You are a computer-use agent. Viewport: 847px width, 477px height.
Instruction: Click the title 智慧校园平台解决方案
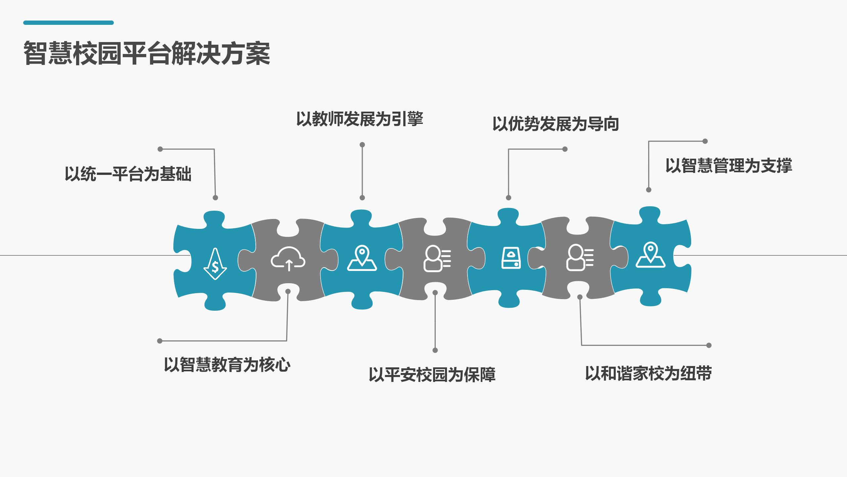tap(147, 53)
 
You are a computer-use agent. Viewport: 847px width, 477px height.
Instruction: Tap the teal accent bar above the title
tap(68, 23)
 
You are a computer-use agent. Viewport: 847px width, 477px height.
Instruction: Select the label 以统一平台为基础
tap(128, 174)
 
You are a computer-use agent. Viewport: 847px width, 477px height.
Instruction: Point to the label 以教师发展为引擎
tap(360, 119)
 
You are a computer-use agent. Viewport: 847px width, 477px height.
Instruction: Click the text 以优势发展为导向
tap(556, 124)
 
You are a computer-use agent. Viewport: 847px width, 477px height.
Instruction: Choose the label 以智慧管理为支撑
tap(729, 166)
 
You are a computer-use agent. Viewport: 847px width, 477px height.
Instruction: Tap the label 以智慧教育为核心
tap(227, 365)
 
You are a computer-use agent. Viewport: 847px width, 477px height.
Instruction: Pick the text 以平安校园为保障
tap(432, 375)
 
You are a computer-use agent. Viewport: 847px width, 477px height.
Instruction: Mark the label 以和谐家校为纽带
tap(648, 373)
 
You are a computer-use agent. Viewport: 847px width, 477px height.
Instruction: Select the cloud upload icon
tap(288, 259)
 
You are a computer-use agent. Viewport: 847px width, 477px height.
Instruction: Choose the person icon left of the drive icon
tap(437, 259)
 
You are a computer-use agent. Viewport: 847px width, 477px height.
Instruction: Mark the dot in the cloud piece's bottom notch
tap(288, 291)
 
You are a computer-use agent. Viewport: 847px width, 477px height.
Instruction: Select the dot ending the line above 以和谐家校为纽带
tap(709, 345)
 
